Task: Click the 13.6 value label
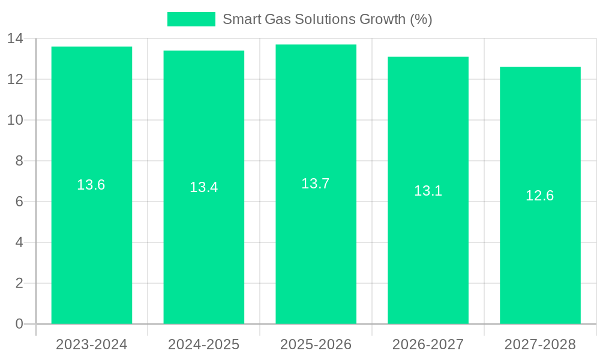coord(91,185)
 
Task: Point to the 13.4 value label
coord(204,187)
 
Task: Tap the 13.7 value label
coord(316,184)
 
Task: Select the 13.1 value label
coord(428,191)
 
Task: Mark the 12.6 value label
coord(540,196)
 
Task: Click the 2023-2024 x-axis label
coord(92,344)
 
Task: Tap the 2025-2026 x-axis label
coord(316,344)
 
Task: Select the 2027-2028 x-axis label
coord(540,344)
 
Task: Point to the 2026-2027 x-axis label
coord(428,344)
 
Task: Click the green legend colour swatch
coord(191,19)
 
